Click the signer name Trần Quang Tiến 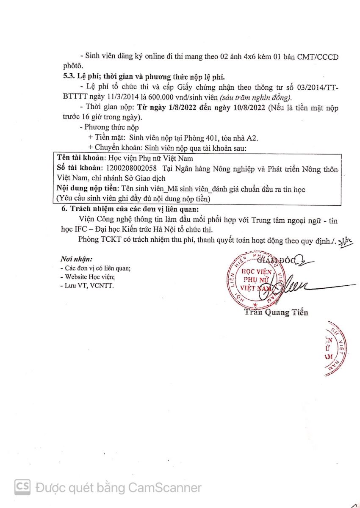[276, 312]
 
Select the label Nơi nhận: [76, 259]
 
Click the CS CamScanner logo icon [22, 487]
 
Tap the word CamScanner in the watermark [165, 488]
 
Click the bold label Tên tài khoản [80, 158]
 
